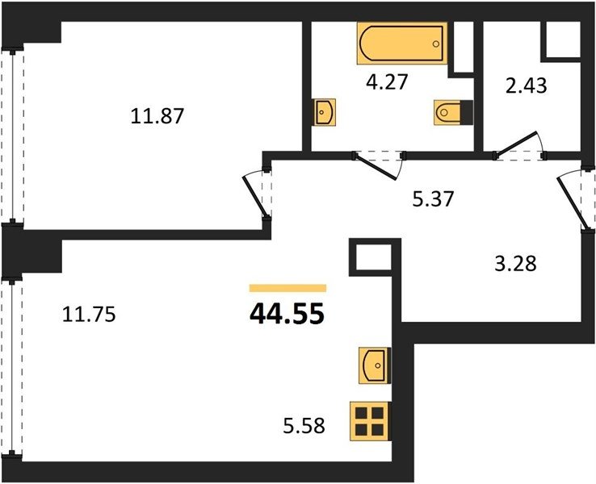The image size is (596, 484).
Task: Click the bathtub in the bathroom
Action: [401, 44]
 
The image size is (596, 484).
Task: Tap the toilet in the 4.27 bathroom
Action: [453, 112]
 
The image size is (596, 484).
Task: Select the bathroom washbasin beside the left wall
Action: [325, 112]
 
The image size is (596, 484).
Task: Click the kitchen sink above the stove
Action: [375, 365]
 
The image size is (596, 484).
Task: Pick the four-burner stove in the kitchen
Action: [371, 421]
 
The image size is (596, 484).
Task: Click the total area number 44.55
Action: [287, 314]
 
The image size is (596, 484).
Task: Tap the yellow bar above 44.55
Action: [288, 288]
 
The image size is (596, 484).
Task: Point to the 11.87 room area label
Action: [157, 116]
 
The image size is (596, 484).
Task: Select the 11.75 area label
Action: [89, 315]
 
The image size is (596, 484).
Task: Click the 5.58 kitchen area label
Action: [304, 426]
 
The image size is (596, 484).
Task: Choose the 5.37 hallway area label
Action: [434, 198]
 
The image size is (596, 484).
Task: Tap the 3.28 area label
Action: [515, 264]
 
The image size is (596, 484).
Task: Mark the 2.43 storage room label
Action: [527, 86]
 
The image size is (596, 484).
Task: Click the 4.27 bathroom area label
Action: [387, 81]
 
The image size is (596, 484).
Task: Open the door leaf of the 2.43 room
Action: [516, 144]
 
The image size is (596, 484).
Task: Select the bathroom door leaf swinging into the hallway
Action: [375, 167]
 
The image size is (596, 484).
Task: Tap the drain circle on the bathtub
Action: [435, 44]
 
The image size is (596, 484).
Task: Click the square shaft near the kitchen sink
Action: [376, 257]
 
